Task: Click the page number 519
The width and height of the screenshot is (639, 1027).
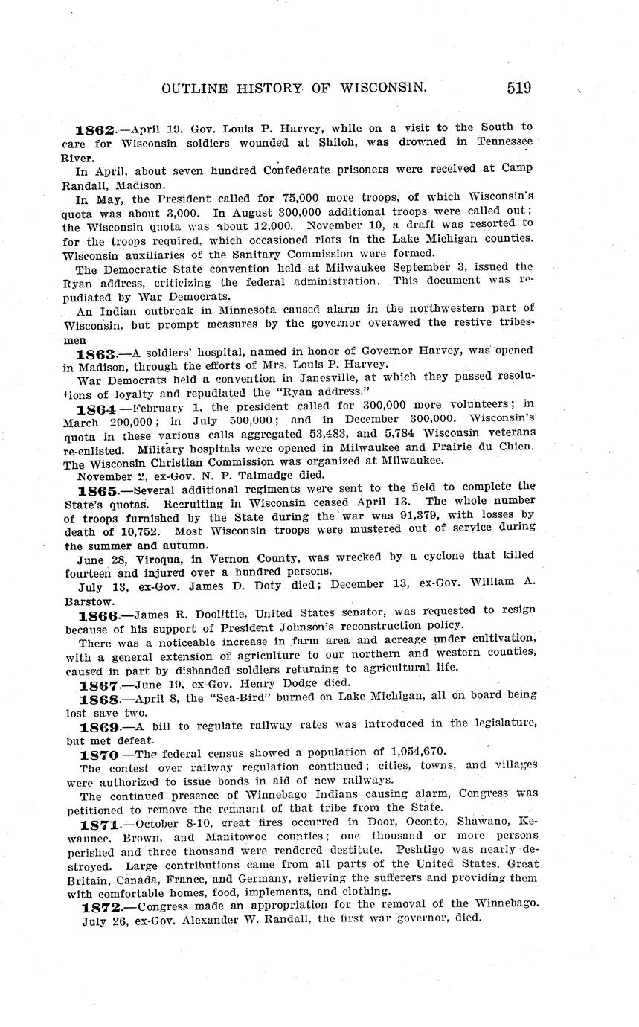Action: coord(518,87)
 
